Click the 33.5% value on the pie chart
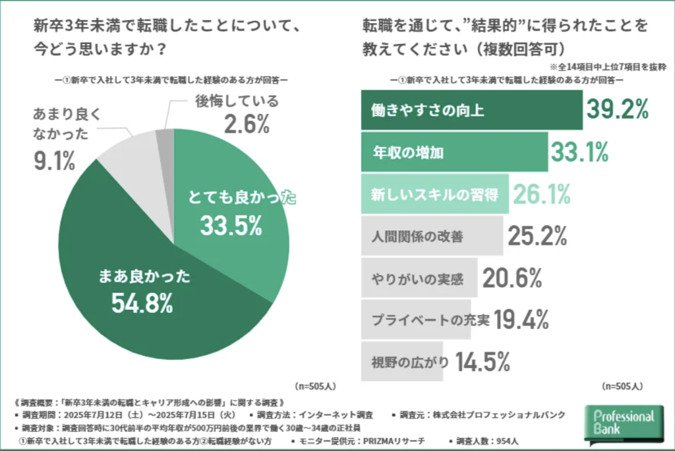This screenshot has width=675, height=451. click(x=231, y=225)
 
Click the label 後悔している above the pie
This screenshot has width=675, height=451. click(x=237, y=102)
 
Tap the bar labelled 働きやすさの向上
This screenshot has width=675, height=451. click(x=471, y=110)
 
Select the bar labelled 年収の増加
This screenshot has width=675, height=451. click(x=454, y=152)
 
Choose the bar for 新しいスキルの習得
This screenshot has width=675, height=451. click(x=435, y=194)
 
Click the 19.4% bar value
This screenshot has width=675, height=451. click(x=521, y=319)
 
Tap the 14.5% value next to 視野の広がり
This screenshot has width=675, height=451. click(x=484, y=361)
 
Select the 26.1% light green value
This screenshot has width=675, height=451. click(x=541, y=194)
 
